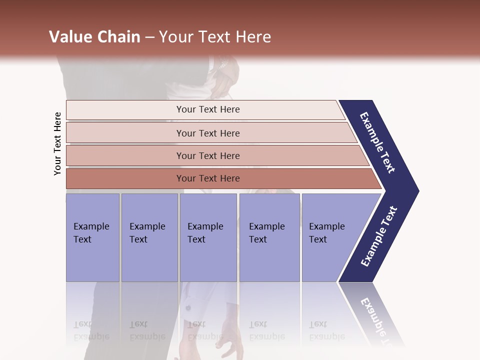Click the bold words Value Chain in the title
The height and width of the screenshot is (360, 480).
(94, 37)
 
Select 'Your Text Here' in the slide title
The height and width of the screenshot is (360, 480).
(215, 37)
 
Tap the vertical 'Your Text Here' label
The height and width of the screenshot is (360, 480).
(57, 143)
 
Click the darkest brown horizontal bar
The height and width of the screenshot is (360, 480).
(125, 178)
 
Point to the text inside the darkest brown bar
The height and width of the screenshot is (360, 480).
(208, 178)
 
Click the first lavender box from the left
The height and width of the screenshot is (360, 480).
(92, 237)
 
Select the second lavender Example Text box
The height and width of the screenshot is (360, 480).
(149, 237)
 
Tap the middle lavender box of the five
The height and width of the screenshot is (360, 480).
(208, 237)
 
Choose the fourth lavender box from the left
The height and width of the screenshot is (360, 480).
(269, 237)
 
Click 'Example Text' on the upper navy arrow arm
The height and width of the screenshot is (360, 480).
(377, 142)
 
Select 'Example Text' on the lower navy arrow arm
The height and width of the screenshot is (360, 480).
(379, 236)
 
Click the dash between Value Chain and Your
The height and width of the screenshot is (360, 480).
(149, 37)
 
